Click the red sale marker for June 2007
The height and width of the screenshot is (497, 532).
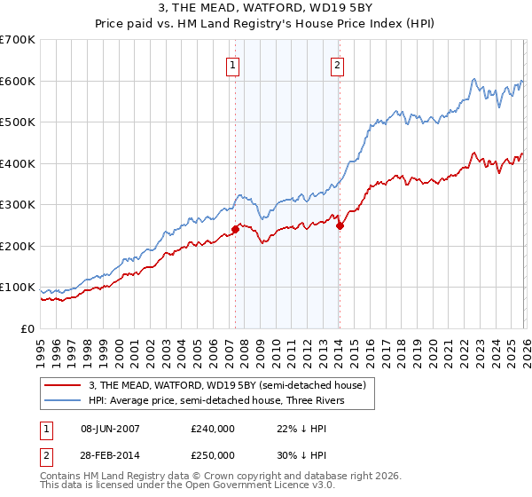(x=235, y=229)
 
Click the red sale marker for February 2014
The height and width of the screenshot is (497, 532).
(x=340, y=225)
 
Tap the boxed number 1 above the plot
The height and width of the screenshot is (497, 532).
(x=232, y=64)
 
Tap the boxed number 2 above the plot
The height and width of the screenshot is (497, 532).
(x=338, y=64)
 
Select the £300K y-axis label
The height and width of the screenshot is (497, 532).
(x=18, y=205)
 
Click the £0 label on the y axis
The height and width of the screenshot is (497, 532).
(x=27, y=329)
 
